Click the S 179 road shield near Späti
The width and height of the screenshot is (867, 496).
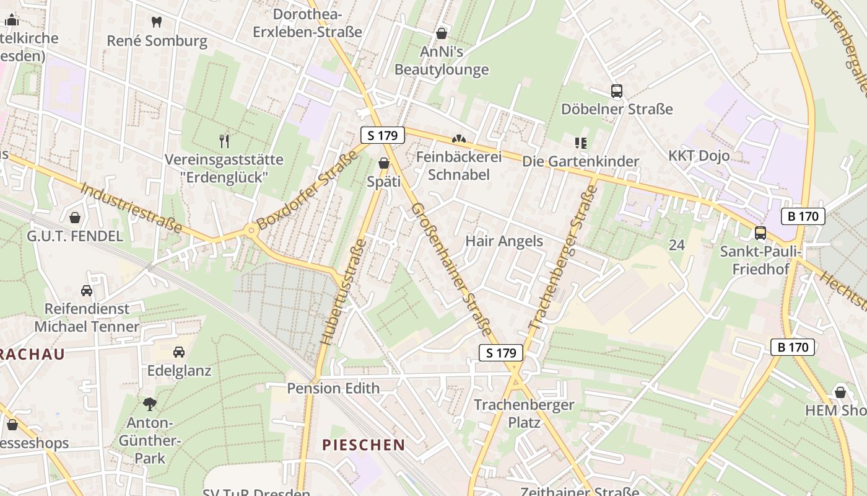tap(382, 135)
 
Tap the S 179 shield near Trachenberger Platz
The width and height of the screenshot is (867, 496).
tap(501, 353)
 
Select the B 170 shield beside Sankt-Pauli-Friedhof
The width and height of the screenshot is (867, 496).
tap(803, 216)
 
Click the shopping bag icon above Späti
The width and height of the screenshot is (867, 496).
tap(383, 164)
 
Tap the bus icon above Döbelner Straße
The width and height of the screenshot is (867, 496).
tap(616, 91)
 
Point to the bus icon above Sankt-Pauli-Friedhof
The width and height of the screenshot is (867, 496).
tap(760, 233)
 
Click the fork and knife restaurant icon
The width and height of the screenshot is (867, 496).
tap(224, 141)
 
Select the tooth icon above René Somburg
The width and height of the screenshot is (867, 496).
tap(157, 22)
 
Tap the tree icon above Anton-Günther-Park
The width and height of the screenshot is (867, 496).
tap(149, 404)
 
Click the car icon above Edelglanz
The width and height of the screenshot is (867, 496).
tap(178, 352)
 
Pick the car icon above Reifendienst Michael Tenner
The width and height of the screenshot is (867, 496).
tap(87, 290)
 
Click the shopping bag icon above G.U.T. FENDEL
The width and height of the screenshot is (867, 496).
tap(75, 218)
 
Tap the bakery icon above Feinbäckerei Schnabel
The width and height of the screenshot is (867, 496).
tap(458, 139)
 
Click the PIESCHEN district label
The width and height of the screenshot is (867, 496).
tap(364, 445)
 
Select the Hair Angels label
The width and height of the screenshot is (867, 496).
tap(503, 241)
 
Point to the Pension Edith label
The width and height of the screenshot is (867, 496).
tap(333, 388)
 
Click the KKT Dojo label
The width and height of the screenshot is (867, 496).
tap(699, 155)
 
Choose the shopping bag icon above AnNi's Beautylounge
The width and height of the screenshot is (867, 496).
tap(442, 33)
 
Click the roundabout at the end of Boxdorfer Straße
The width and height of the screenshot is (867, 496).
tap(251, 231)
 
